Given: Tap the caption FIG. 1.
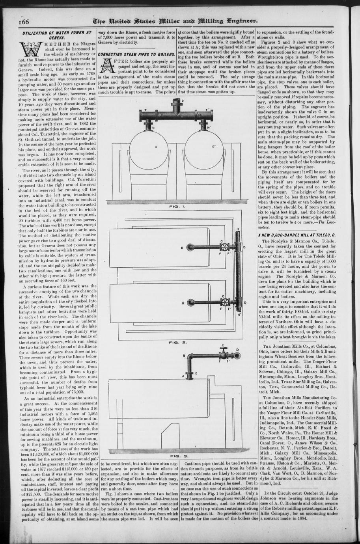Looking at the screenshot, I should [175, 206].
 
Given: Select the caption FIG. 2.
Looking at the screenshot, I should [175, 342].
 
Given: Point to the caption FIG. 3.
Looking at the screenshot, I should [175, 456].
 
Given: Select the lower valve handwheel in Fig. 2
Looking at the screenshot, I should [225, 302].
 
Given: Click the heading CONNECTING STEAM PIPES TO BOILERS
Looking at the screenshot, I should [136, 54].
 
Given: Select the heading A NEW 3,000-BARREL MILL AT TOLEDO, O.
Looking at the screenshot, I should [296, 235].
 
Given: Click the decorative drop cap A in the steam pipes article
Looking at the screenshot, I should [106, 65].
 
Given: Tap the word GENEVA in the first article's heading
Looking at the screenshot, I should [57, 37].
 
